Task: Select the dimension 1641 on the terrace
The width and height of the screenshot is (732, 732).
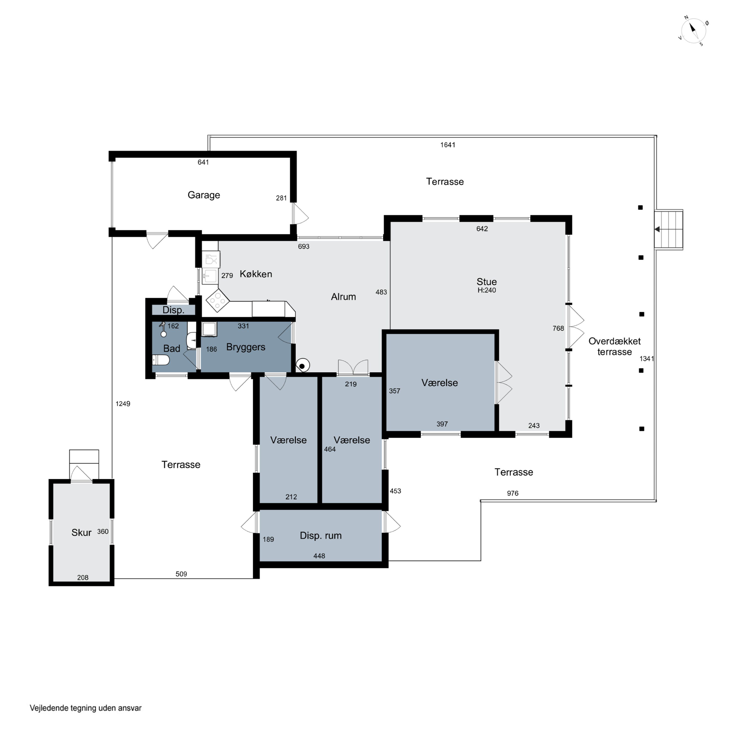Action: tap(447, 145)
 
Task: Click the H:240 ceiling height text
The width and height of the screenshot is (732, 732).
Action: tap(487, 290)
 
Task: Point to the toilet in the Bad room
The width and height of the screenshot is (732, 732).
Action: tap(161, 360)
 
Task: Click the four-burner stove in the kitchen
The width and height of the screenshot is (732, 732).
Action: tap(217, 300)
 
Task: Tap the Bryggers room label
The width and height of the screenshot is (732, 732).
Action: tap(245, 347)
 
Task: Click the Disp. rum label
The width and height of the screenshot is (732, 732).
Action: tap(321, 535)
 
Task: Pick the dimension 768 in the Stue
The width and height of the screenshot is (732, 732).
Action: tap(558, 328)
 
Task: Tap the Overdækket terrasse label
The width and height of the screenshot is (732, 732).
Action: tap(614, 346)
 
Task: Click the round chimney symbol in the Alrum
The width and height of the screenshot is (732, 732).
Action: tap(302, 366)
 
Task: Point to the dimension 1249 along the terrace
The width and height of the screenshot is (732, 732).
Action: tap(123, 404)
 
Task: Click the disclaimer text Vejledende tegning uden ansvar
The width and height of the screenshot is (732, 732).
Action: tap(86, 708)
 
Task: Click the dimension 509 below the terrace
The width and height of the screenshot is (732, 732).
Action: tap(181, 574)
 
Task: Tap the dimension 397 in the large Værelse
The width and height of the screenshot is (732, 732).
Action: tap(442, 424)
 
